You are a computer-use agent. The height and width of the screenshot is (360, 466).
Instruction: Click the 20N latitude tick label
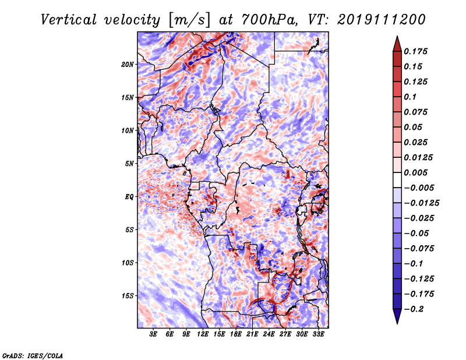pos(128,64)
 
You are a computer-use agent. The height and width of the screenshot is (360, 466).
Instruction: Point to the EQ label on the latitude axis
pos(129,196)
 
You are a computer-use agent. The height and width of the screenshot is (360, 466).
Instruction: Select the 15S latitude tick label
pos(128,295)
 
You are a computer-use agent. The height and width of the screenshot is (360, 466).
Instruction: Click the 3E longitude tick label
pos(154,334)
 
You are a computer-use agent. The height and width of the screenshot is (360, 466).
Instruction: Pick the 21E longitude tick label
pos(252,334)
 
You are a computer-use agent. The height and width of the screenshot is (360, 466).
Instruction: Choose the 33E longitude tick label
pos(318,334)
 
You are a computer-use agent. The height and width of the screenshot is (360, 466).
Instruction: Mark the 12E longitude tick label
pos(203,334)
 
